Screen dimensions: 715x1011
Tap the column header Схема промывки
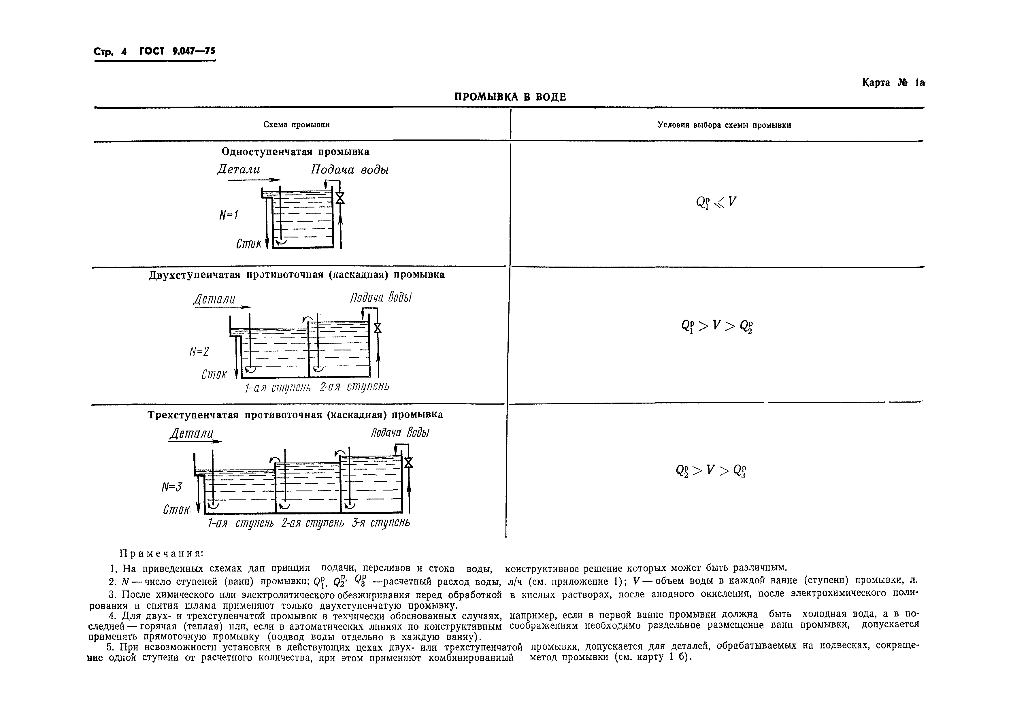[296, 124]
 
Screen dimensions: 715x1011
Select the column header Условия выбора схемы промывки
[724, 125]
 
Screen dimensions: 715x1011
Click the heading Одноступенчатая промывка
[295, 152]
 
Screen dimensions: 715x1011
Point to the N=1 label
[229, 215]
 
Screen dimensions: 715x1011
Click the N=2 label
[199, 351]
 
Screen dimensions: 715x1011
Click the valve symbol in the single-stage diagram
[339, 198]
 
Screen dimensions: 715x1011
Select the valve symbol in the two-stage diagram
[377, 328]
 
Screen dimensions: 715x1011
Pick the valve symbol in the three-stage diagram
[409, 462]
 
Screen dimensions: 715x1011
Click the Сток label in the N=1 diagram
[248, 244]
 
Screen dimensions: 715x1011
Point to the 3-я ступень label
[381, 522]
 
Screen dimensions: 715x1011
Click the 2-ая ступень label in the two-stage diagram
[354, 386]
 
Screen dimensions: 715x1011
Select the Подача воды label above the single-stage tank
[350, 170]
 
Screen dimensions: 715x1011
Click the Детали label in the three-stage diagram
[192, 434]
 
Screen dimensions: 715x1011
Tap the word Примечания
[162, 553]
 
